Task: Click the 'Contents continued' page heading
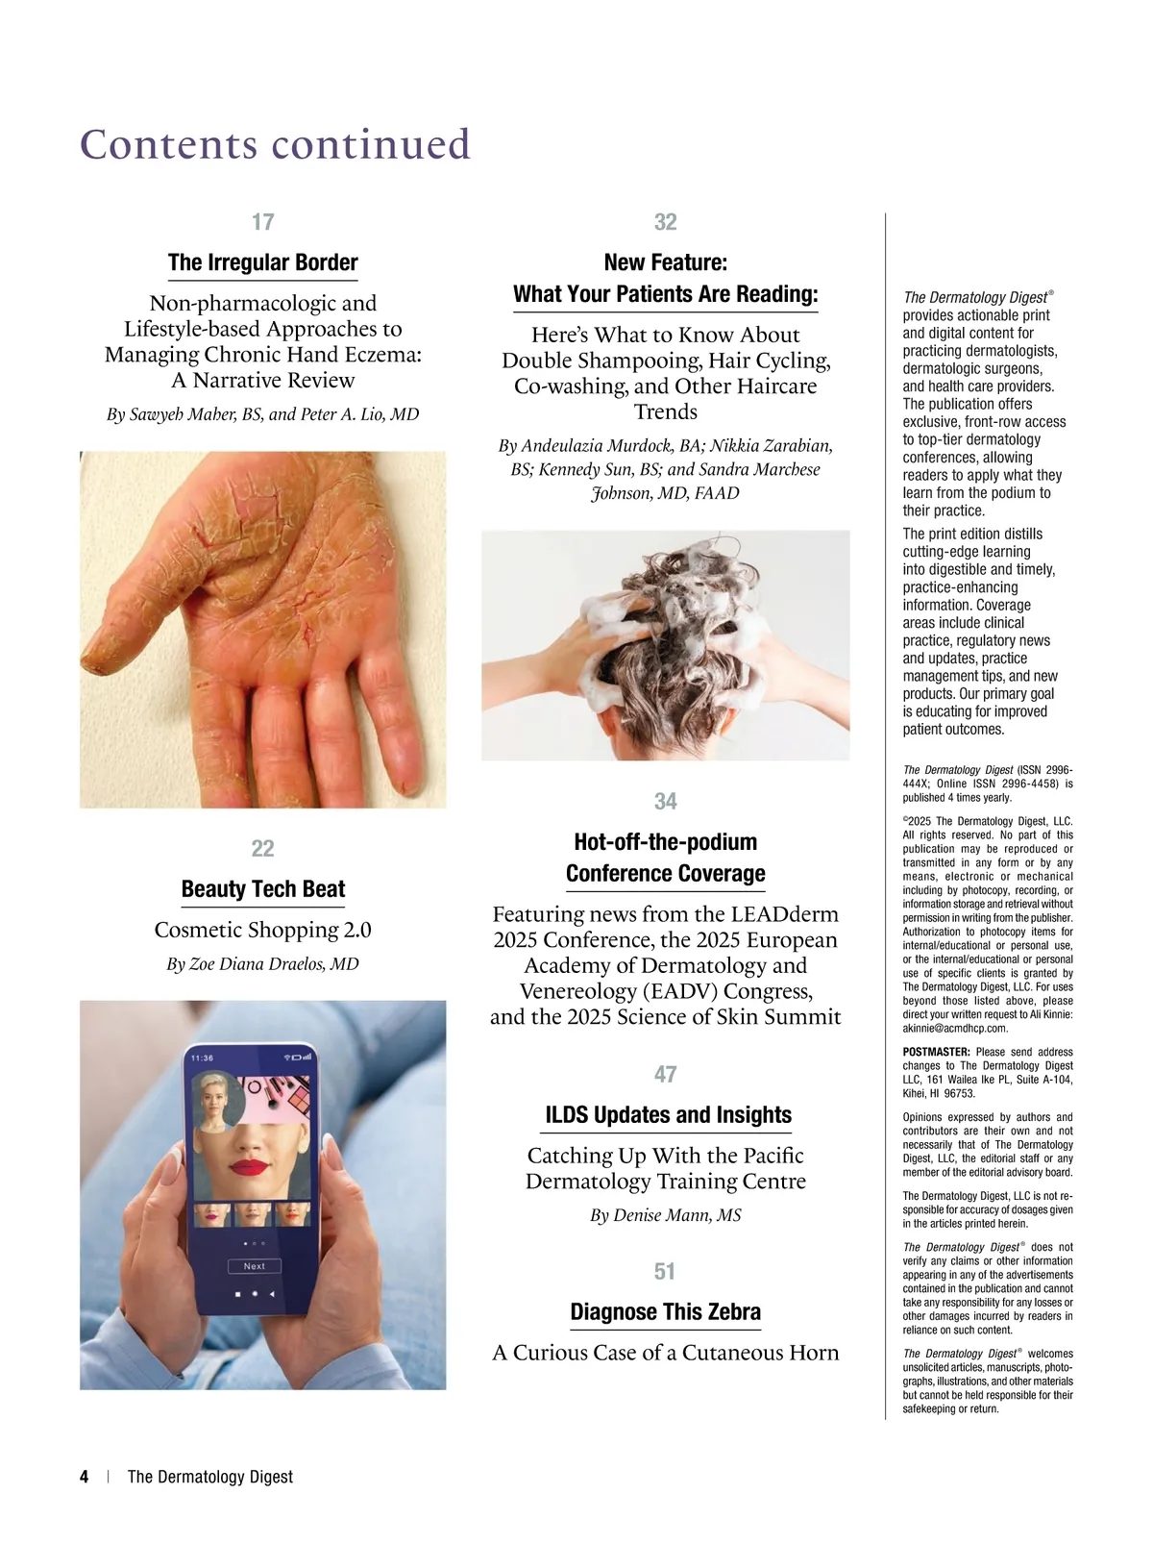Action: click(x=276, y=144)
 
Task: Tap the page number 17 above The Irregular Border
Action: click(x=262, y=222)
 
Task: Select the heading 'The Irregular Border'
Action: click(x=262, y=262)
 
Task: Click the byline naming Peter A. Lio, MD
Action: click(x=262, y=414)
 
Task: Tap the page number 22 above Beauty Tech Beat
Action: click(x=262, y=848)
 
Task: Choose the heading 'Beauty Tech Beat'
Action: click(x=262, y=889)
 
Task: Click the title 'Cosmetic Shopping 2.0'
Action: click(x=262, y=930)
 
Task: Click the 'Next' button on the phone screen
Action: click(x=254, y=1266)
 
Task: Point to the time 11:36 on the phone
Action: click(x=202, y=1058)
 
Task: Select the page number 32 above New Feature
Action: click(x=665, y=222)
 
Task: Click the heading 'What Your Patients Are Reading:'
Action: click(x=665, y=294)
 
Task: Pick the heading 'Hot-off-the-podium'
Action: click(x=665, y=842)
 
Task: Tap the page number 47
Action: click(x=665, y=1074)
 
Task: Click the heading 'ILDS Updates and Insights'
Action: click(x=668, y=1115)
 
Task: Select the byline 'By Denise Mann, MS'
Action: click(x=665, y=1215)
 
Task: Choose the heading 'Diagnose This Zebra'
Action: click(x=665, y=1312)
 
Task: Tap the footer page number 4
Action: click(x=85, y=1477)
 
